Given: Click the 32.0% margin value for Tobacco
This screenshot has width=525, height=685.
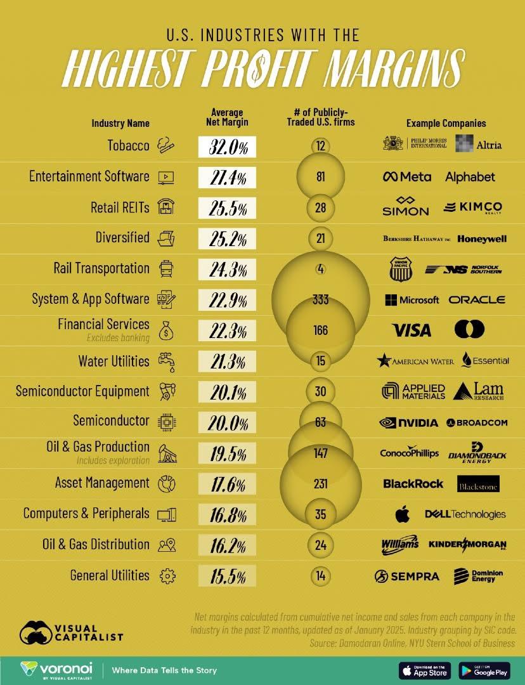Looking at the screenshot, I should click(227, 147).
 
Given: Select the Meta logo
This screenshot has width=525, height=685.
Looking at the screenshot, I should click(407, 177).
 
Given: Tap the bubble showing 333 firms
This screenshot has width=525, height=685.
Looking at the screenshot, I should click(320, 299).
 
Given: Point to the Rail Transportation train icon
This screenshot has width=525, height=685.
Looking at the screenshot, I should click(166, 269).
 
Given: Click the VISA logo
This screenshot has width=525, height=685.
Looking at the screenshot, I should click(412, 330).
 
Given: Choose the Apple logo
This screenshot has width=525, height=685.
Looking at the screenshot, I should click(403, 514).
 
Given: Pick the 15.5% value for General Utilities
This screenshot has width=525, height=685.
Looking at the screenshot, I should click(227, 576).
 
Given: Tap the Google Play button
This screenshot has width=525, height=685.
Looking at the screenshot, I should click(484, 670).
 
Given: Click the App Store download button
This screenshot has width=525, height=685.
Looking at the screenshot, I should click(424, 670).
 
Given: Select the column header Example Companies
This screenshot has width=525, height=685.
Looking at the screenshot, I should click(446, 124).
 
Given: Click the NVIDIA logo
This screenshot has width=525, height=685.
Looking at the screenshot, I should click(409, 422).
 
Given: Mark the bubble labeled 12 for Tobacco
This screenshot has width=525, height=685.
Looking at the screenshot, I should click(320, 147).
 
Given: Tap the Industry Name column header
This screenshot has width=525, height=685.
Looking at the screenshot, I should click(120, 123).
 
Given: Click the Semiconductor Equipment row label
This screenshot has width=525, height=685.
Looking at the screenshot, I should click(82, 391).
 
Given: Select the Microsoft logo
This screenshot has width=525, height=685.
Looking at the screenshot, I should click(412, 299).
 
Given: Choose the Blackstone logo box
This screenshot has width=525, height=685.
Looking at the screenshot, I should click(477, 484).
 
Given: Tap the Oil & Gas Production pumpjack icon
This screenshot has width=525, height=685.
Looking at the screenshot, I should click(167, 453).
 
